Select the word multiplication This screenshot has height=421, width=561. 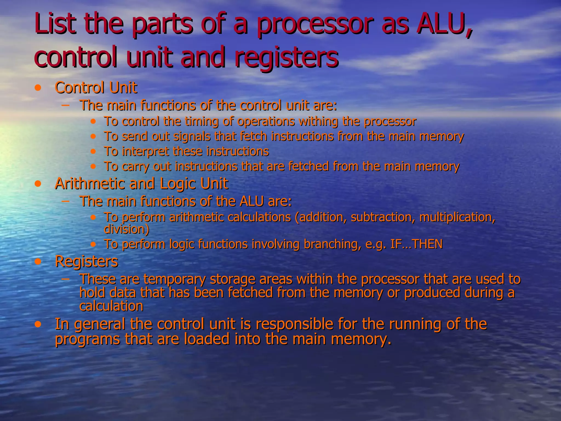pos(457,217)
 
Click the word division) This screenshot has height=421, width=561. pos(127,229)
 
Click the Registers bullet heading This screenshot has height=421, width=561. pos(87,261)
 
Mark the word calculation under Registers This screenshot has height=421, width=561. pos(111,306)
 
